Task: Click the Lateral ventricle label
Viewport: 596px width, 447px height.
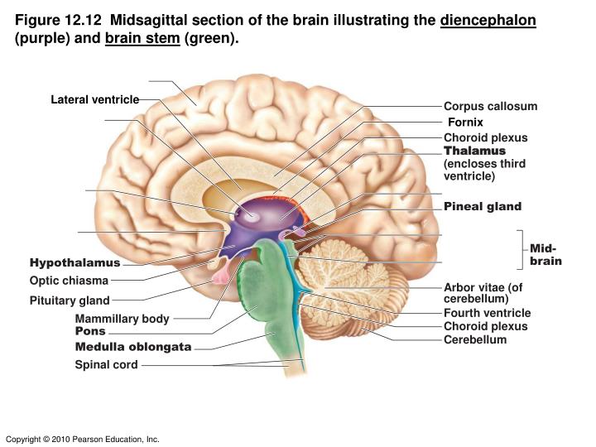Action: click(x=94, y=100)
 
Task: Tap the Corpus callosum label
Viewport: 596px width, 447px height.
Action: click(x=490, y=106)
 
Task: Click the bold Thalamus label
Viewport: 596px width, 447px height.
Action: click(x=474, y=151)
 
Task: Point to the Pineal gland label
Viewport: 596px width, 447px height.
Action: click(x=483, y=205)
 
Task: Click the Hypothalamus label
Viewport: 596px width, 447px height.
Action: click(x=75, y=263)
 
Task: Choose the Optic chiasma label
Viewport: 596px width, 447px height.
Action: click(x=69, y=281)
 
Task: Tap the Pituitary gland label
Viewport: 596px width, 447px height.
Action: click(x=70, y=300)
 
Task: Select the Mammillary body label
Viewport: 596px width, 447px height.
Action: click(x=122, y=319)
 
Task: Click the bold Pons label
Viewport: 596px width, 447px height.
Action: click(x=90, y=331)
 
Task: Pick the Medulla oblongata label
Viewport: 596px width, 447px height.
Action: click(x=133, y=347)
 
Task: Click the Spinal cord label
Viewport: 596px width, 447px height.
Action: click(x=106, y=364)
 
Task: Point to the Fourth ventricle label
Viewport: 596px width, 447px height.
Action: click(x=487, y=313)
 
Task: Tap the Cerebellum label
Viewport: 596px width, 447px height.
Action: click(x=474, y=339)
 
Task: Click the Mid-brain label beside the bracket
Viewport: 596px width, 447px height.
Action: click(x=546, y=254)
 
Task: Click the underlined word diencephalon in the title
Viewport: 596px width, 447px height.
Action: click(x=488, y=20)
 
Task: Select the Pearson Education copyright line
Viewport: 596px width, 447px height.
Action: click(x=82, y=439)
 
